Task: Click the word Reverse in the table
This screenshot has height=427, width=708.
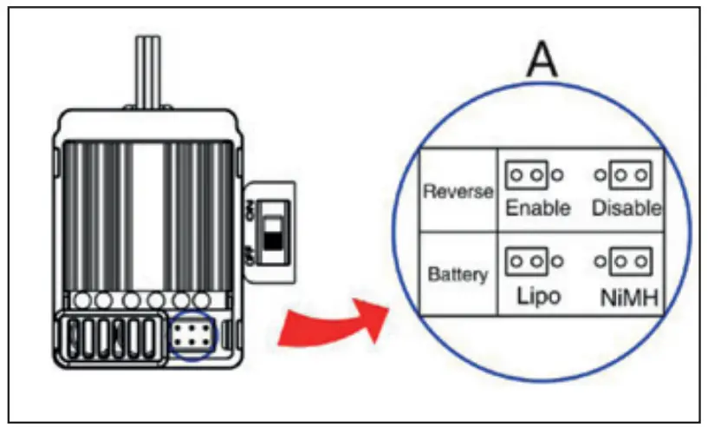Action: [x=458, y=191]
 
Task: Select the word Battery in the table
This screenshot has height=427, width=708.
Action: [x=458, y=274]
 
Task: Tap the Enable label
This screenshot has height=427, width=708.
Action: [x=538, y=208]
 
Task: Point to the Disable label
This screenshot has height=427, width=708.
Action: [x=627, y=208]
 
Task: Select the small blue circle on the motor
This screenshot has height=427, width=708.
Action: [x=190, y=335]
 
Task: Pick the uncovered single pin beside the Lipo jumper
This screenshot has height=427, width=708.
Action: [x=558, y=260]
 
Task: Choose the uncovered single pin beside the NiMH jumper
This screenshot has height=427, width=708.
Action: [x=600, y=260]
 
